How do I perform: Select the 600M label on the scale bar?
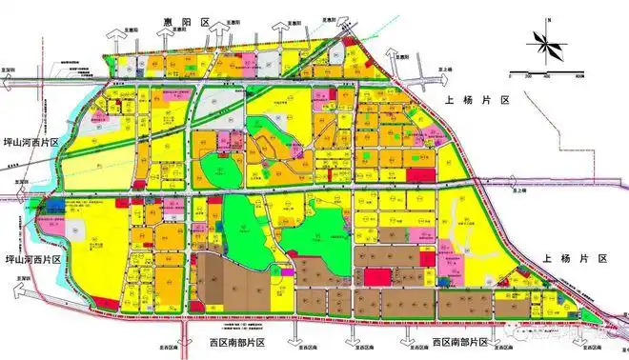point(579,77)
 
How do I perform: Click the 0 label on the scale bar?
point(512,77)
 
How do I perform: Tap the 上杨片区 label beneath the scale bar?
point(477,100)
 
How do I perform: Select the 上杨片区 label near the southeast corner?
point(576,259)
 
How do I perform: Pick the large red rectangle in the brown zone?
point(375,277)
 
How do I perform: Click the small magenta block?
point(288,272)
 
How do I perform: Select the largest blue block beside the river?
point(54,204)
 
